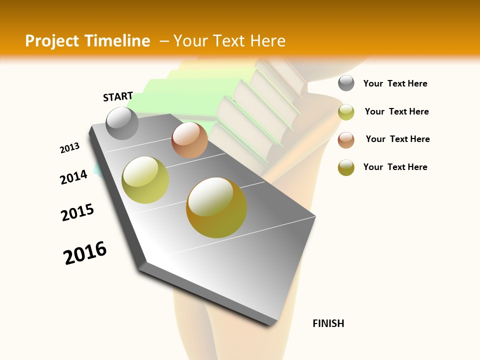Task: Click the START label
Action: (118, 96)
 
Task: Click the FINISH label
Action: (328, 323)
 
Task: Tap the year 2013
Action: (69, 148)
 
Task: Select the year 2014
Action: (73, 177)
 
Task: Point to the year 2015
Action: (77, 212)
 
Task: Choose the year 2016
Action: (85, 252)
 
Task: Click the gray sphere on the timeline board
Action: (122, 123)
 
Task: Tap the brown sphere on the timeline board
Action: (189, 140)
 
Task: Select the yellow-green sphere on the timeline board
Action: (145, 180)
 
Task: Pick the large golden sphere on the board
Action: (216, 207)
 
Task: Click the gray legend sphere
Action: (346, 83)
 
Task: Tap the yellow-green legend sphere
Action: (346, 111)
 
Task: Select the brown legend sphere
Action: (346, 139)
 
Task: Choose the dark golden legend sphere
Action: (346, 167)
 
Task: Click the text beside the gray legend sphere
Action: (395, 83)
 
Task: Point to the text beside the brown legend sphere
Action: (397, 139)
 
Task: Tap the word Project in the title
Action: (52, 41)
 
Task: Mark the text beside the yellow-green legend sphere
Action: (396, 111)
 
